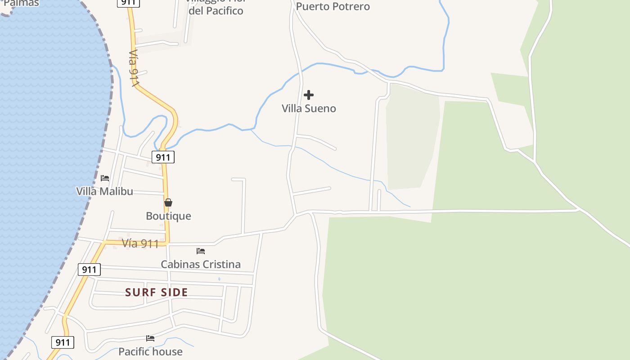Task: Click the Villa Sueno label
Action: click(x=309, y=108)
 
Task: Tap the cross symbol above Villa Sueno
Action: click(x=309, y=95)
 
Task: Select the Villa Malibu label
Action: click(x=104, y=191)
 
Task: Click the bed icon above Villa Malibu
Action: click(x=105, y=178)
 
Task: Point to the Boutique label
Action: click(x=168, y=216)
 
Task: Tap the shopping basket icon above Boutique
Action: click(x=168, y=203)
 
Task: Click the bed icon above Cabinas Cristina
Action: click(x=201, y=251)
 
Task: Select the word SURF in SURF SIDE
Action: click(x=140, y=292)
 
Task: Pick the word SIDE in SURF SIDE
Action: click(x=173, y=292)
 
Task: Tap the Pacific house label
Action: click(x=150, y=351)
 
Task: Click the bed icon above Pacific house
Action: click(x=150, y=338)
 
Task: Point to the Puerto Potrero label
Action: click(x=333, y=6)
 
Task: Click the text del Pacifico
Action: click(x=216, y=11)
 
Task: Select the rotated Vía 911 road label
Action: click(x=134, y=68)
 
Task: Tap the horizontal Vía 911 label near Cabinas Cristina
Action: click(x=140, y=244)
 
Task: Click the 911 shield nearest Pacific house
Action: click(x=63, y=342)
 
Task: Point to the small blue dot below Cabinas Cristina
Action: click(x=219, y=279)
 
